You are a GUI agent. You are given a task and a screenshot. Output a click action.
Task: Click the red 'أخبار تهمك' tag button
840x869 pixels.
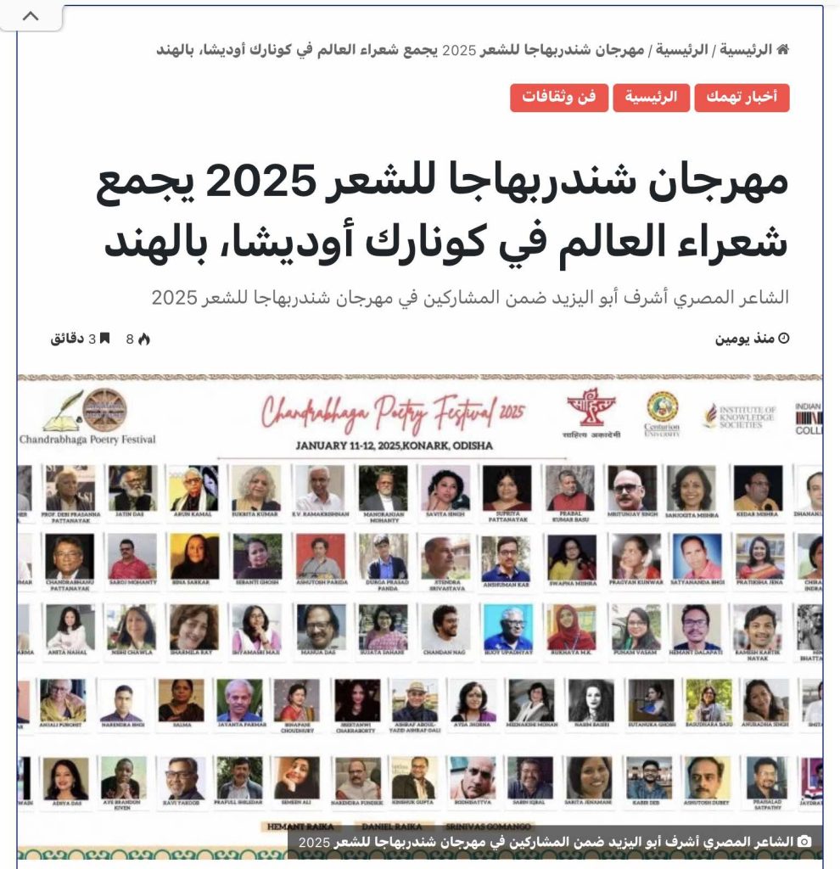(x=742, y=98)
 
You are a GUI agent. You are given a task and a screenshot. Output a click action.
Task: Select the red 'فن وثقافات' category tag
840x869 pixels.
(x=558, y=98)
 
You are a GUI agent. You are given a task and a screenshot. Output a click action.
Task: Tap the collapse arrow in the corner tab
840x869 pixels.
(x=31, y=17)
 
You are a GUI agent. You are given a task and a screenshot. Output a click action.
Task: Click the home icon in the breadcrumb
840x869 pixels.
(x=782, y=49)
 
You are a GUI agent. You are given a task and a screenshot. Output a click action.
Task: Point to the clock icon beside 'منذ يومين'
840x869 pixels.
(x=783, y=339)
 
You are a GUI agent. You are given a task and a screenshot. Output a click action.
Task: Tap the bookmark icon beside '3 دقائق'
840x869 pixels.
(x=104, y=339)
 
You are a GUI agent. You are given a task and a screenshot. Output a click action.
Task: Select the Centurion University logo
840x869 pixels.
(x=662, y=412)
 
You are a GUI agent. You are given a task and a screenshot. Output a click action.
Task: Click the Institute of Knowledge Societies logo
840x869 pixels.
(x=738, y=416)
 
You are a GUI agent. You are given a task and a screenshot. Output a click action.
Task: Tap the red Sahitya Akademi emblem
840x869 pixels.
(x=592, y=407)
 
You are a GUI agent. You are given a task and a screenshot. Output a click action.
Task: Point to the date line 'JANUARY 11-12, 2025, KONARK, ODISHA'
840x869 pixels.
(x=394, y=446)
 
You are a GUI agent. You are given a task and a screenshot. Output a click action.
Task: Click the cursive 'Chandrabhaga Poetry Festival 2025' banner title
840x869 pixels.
(x=394, y=414)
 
